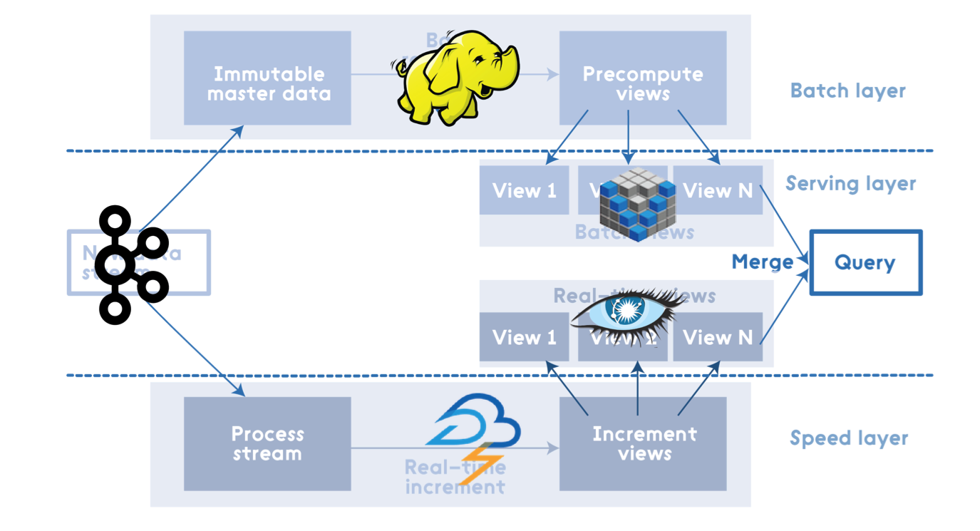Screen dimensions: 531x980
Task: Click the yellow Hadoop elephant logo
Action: click(x=456, y=77)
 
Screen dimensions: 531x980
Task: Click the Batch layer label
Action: click(x=847, y=91)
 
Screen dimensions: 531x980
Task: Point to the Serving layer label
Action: click(x=850, y=184)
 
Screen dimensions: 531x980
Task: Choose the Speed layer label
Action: click(x=848, y=438)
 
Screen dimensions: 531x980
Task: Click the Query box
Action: click(x=865, y=262)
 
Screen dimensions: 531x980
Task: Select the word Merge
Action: click(x=762, y=262)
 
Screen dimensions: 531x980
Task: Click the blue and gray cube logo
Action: click(x=636, y=204)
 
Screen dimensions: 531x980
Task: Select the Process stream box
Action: click(x=267, y=443)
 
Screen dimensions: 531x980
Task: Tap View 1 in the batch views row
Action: click(x=524, y=190)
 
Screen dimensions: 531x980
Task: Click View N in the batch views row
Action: click(x=718, y=190)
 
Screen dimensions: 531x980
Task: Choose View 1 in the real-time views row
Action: click(x=524, y=337)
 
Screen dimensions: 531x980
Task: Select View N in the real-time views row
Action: click(x=718, y=337)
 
